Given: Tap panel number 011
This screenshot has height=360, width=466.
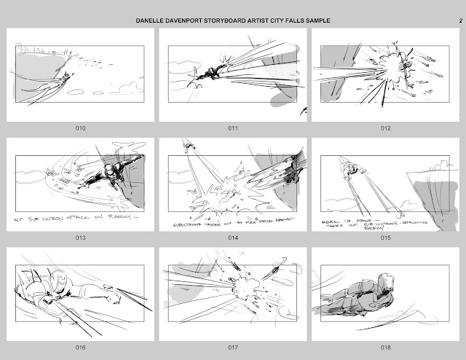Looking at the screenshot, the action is click(233, 129).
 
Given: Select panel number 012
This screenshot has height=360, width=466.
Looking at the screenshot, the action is click(385, 129).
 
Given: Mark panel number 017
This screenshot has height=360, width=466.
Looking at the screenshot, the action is click(233, 348).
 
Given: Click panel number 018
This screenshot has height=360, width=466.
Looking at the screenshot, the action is click(385, 348).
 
